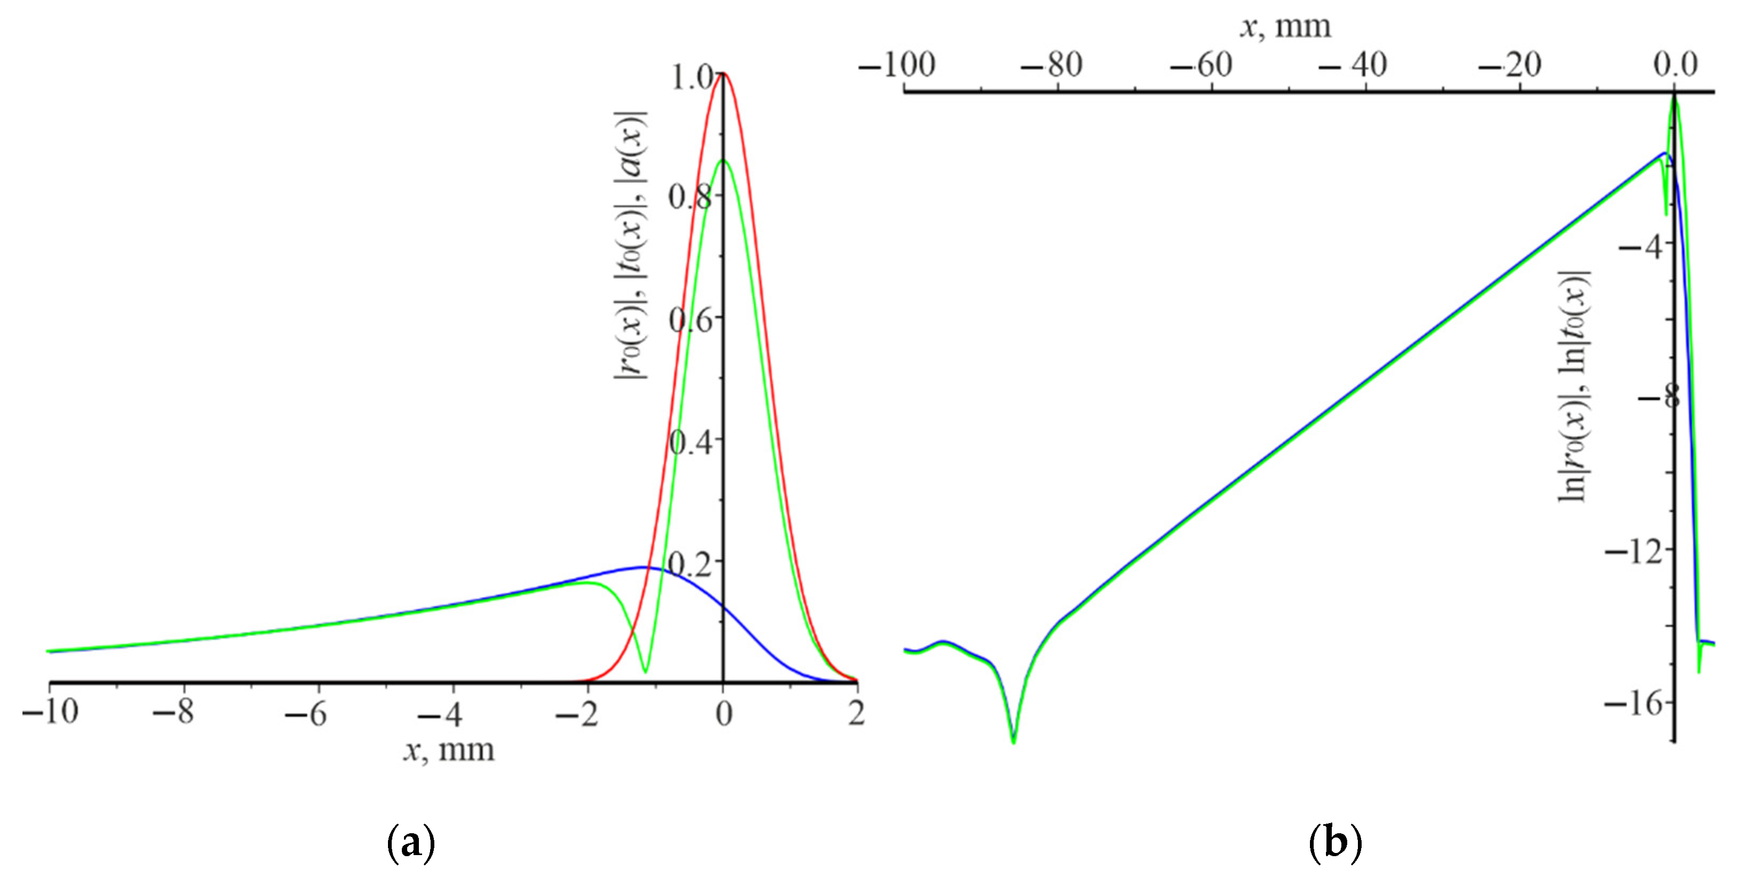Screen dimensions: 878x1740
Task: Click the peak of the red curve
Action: pos(723,73)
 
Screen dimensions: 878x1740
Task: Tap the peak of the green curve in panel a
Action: pos(723,160)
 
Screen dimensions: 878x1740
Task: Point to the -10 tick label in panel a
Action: pos(50,712)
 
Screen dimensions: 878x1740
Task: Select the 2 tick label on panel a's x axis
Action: pos(856,712)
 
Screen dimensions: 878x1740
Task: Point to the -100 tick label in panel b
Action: pos(897,66)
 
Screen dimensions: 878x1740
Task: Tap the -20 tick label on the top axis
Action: pos(1509,66)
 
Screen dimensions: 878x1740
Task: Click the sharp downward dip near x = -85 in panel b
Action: pos(1013,742)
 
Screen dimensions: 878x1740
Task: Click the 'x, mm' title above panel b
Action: pos(1285,27)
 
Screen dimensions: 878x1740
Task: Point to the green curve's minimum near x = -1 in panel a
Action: pos(645,671)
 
